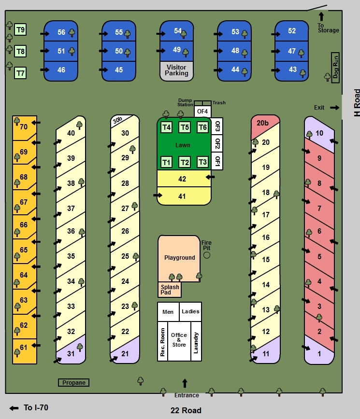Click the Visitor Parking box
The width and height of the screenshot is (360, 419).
click(176, 70)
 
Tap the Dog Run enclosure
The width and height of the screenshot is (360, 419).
click(335, 67)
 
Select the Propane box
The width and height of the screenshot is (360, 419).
click(74, 383)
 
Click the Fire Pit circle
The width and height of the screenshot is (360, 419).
click(207, 254)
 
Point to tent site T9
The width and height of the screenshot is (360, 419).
click(20, 30)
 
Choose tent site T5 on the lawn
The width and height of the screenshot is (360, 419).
click(184, 127)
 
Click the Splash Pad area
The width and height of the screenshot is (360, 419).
click(170, 290)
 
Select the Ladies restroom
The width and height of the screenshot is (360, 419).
click(190, 311)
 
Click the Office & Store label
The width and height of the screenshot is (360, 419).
click(179, 340)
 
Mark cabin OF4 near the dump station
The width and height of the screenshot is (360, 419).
click(202, 112)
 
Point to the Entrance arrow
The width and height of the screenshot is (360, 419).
click(184, 384)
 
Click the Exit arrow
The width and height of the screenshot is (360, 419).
click(334, 107)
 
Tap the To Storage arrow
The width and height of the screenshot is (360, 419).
click(321, 16)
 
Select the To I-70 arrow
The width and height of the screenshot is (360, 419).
click(14, 408)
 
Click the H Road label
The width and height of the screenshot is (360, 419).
click(357, 102)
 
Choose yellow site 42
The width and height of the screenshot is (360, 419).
click(182, 179)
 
